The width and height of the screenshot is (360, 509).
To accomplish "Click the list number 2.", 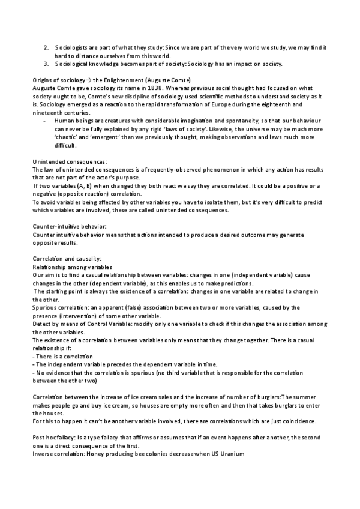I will [x=46, y=47].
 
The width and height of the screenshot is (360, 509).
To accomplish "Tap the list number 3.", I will [x=46, y=64].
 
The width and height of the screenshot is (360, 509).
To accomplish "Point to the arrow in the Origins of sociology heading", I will [x=88, y=80].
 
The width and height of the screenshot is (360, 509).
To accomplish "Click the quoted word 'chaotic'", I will [x=66, y=137].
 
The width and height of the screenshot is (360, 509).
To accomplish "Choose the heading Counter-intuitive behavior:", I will [x=69, y=226].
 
